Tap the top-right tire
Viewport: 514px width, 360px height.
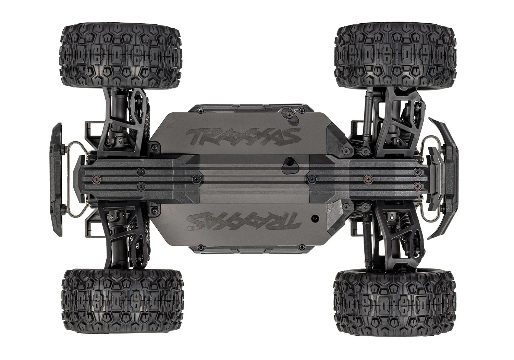tap(395, 55)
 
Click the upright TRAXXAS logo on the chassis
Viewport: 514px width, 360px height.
tap(240, 135)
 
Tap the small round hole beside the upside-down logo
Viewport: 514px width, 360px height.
tap(313, 217)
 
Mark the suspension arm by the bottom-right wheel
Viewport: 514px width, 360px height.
tap(394, 237)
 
